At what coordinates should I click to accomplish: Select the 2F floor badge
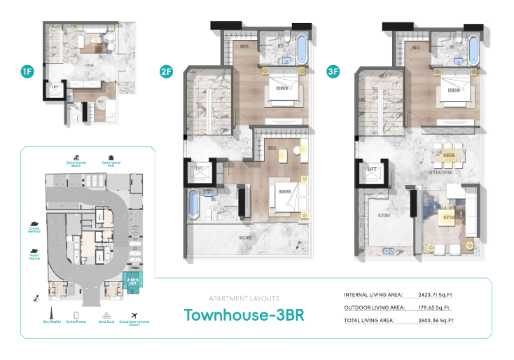(x=166, y=71)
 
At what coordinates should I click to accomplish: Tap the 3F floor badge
(x=333, y=71)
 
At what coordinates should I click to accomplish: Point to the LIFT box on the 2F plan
(x=198, y=169)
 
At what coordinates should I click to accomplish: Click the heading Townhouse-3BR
(x=244, y=314)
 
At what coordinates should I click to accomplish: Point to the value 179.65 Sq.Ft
(x=431, y=307)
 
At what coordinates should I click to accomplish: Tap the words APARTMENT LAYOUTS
(x=244, y=298)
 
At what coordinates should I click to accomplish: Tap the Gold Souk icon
(x=107, y=314)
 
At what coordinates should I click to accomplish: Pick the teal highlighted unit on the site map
(x=132, y=282)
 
